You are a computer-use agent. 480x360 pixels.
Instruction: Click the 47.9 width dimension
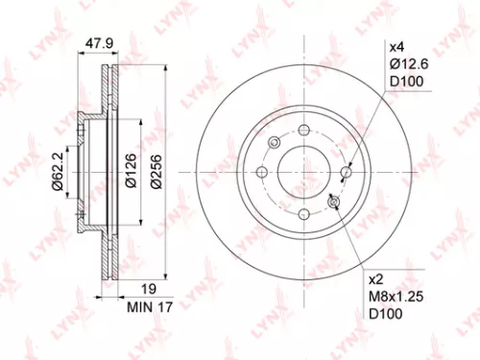pyautogui.click(x=94, y=43)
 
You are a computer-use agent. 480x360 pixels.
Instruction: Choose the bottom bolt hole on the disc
pyautogui.click(x=303, y=214)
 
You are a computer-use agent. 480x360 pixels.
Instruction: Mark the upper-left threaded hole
pyautogui.click(x=275, y=144)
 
